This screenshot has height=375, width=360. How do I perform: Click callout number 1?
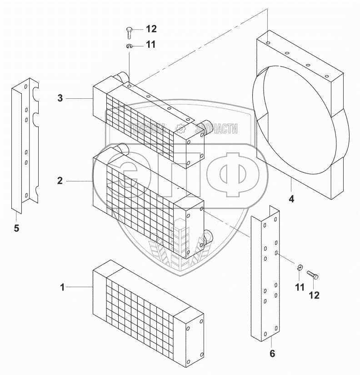pyautogui.click(x=63, y=287)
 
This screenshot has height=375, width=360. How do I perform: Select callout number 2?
pyautogui.click(x=60, y=181)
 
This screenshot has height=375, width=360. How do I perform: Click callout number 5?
pyautogui.click(x=16, y=228)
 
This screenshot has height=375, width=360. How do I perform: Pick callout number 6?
pyautogui.click(x=273, y=353)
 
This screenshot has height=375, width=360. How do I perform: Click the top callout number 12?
pyautogui.click(x=151, y=29)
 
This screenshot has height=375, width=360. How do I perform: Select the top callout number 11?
pyautogui.click(x=150, y=45)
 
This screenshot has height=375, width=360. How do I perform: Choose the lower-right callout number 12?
pyautogui.click(x=314, y=295)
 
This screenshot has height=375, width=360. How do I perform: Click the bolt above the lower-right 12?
pyautogui.click(x=313, y=276)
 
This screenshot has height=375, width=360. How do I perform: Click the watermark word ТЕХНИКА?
pyautogui.click(x=147, y=129)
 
